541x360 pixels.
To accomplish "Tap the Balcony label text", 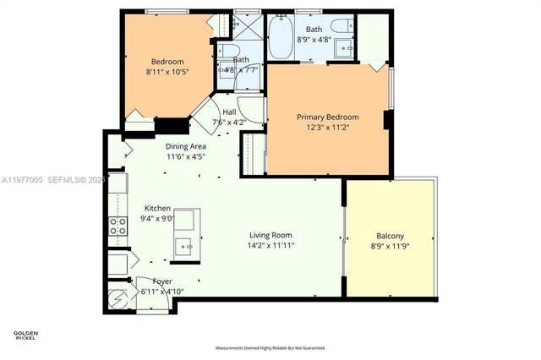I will point(390,236).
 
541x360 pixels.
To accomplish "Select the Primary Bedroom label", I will point(327,117).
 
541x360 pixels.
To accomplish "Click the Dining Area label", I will point(185,146).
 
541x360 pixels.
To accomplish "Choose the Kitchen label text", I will point(157,208).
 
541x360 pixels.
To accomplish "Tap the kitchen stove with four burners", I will point(116,226).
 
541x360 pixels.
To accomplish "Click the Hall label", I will point(229,112).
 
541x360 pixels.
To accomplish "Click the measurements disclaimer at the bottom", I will point(270,347).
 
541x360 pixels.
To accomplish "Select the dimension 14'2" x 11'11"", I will point(270,245).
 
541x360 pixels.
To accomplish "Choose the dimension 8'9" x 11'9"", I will point(390,246).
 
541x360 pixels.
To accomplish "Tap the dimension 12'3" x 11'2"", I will point(327,127).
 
